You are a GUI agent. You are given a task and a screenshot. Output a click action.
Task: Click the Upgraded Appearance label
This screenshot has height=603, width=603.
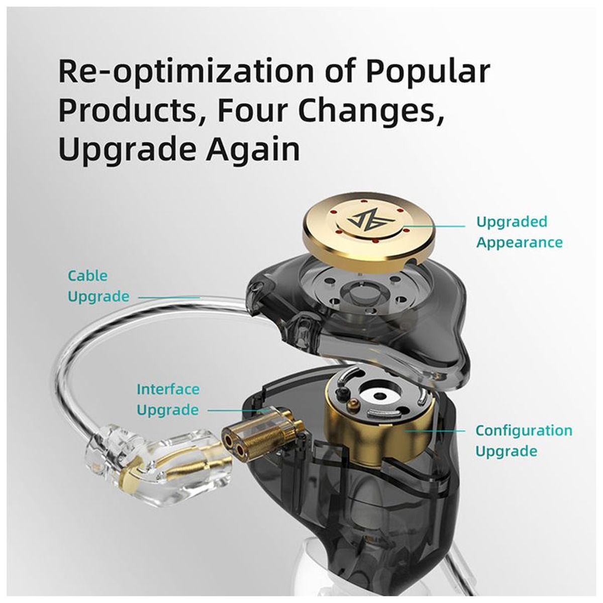519,232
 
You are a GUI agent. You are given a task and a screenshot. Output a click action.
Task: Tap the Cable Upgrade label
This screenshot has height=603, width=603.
98,286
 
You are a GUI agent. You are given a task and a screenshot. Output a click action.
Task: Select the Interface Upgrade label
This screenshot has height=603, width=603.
168,400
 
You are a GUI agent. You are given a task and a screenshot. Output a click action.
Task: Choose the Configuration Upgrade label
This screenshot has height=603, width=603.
524,441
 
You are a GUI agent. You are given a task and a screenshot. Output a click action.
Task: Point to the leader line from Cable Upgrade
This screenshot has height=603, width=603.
169,297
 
